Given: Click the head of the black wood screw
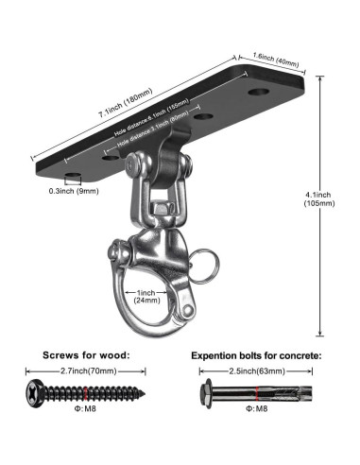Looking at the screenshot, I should click(37, 390).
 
